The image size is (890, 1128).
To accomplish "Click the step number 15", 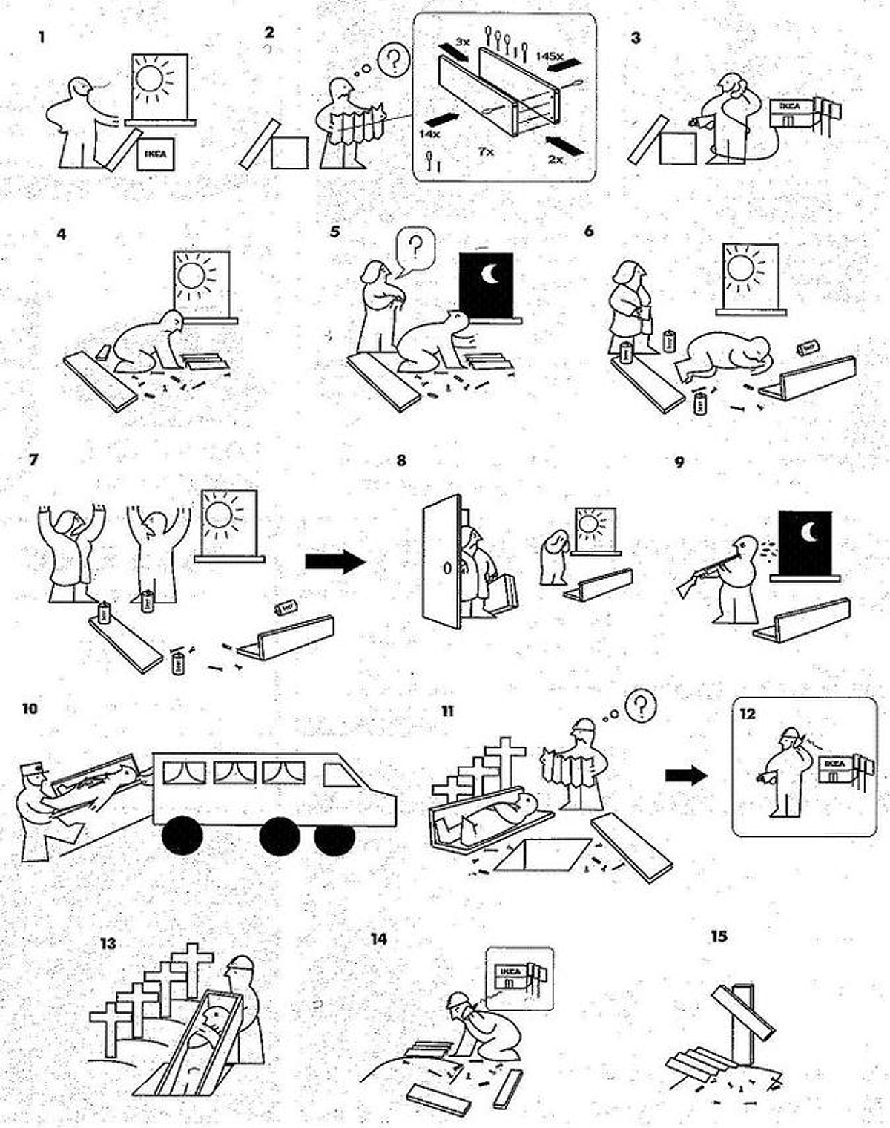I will coord(719,937).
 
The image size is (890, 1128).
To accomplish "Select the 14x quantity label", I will coord(430,134).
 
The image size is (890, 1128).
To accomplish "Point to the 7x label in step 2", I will coord(486,151).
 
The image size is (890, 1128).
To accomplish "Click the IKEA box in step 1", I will coord(155,154).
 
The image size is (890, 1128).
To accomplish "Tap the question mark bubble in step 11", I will coord(640,706).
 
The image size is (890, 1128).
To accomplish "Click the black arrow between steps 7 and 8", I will coord(335,561).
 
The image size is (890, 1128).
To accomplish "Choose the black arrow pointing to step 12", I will coord(686,775).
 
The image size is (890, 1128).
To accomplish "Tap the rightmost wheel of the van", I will coord(334,839).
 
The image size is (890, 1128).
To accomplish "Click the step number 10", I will coord(30,709).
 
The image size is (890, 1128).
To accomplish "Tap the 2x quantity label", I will coord(555,159).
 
